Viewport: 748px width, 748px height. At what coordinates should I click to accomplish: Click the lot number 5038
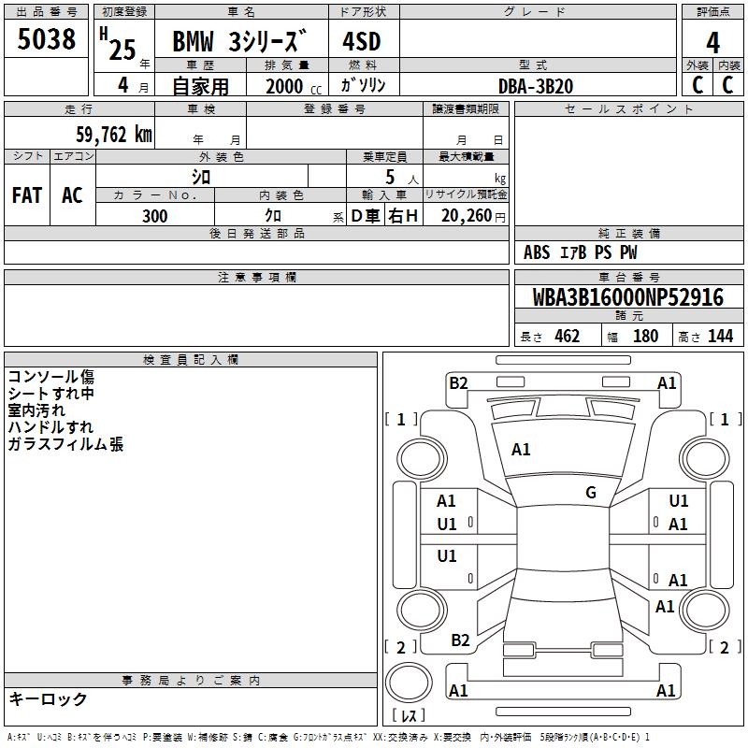[x=47, y=39]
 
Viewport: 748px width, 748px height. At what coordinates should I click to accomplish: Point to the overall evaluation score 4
[x=713, y=43]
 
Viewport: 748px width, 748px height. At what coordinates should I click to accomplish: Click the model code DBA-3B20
[x=537, y=86]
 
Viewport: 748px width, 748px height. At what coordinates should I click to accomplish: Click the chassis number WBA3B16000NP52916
[x=628, y=298]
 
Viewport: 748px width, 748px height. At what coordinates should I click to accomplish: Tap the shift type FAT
[x=27, y=195]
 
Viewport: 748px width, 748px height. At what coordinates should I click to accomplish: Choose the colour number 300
[x=155, y=216]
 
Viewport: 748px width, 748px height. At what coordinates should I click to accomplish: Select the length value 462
[x=568, y=337]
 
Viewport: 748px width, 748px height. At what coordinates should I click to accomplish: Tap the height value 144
[x=720, y=337]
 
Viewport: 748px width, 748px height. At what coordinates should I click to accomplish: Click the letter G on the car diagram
[x=591, y=493]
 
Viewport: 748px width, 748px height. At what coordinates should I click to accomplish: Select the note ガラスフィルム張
[x=65, y=445]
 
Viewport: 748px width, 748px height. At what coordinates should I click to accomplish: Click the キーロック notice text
[x=48, y=699]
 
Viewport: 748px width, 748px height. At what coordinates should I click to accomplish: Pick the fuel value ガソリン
[x=363, y=85]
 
